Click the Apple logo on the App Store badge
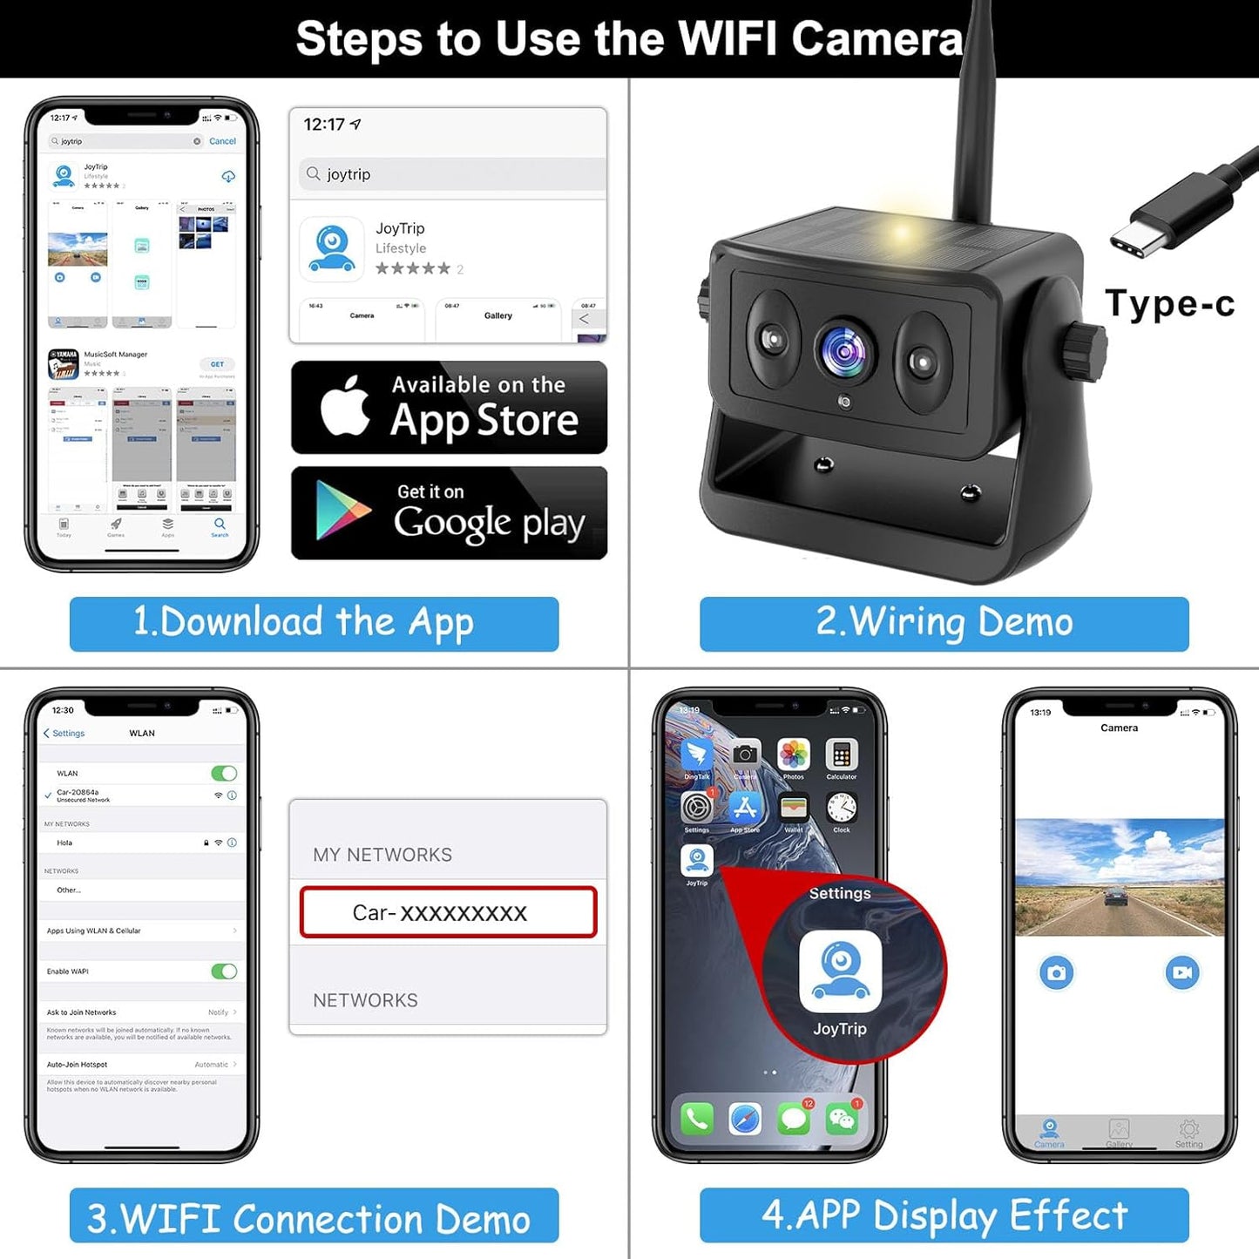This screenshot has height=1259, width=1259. pos(345,406)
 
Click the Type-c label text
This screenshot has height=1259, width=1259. pos(1169,304)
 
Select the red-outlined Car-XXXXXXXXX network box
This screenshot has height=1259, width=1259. pos(448,912)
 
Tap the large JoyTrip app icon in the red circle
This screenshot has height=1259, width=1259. pos(840,971)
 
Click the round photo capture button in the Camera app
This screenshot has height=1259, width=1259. pos(1056,972)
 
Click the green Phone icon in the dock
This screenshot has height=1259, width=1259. pos(696,1118)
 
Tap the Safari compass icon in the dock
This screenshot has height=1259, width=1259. pos(745,1118)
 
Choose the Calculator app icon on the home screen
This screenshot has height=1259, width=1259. pos(841,755)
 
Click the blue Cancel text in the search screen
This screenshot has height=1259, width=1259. pos(222,141)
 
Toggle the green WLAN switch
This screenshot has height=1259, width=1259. pos(224,773)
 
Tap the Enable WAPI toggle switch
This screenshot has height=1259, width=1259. pos(224,971)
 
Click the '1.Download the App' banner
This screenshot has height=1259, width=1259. pos(314,624)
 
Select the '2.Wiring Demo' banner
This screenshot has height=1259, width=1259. pos(944,624)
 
